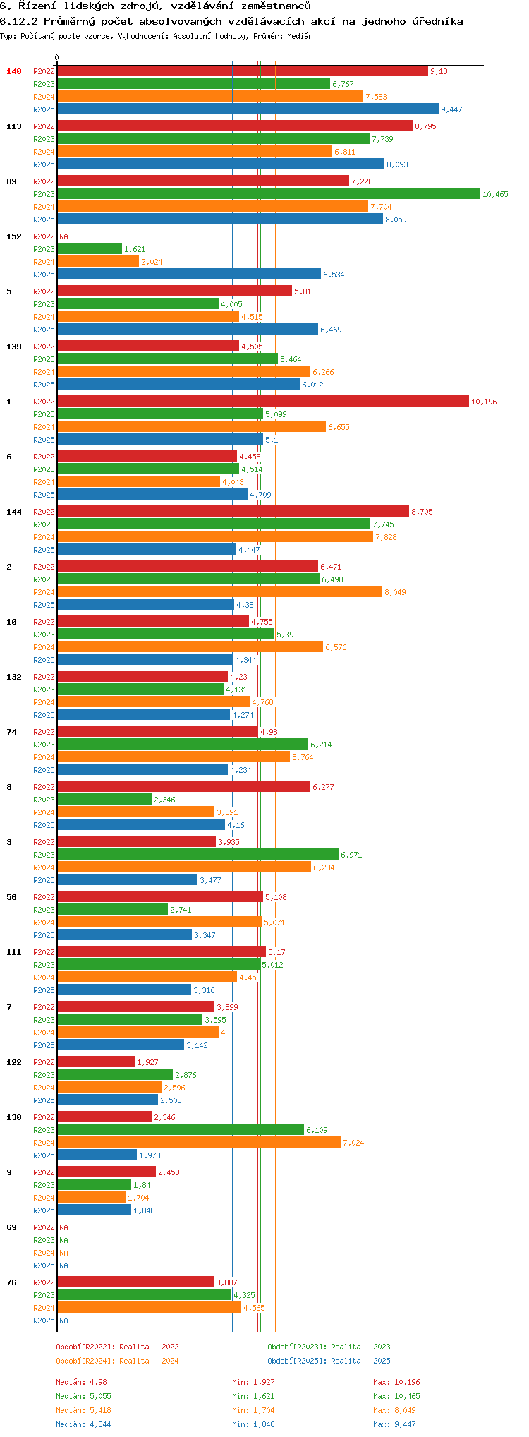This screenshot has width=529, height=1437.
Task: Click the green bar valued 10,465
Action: click(x=268, y=193)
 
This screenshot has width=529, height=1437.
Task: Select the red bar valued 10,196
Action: click(x=262, y=401)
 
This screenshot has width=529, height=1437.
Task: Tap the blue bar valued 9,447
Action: click(x=247, y=109)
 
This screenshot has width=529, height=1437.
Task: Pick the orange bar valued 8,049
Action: click(x=219, y=591)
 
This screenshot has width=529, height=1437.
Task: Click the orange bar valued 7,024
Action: click(x=199, y=1142)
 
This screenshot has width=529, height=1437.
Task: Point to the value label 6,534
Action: click(x=334, y=275)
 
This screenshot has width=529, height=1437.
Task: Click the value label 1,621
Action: click(x=135, y=249)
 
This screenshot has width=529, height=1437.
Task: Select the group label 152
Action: click(x=14, y=236)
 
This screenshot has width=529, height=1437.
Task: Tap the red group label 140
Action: click(x=14, y=71)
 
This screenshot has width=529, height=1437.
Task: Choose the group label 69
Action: click(x=11, y=1227)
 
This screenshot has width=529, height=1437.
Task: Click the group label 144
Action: click(x=14, y=512)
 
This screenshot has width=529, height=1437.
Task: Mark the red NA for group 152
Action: click(x=63, y=236)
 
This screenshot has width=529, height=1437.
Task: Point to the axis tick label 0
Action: click(x=57, y=57)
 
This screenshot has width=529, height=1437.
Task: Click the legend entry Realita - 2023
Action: click(x=329, y=1347)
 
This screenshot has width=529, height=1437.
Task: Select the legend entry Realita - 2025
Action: click(x=329, y=1361)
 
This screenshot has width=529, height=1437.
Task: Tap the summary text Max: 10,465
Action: click(x=396, y=1396)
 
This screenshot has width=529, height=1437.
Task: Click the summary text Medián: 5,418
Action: click(x=83, y=1410)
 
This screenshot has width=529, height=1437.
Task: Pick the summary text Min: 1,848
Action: click(x=253, y=1424)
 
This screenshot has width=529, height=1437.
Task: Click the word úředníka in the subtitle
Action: click(x=432, y=21)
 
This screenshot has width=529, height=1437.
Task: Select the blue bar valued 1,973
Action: click(x=97, y=1155)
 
